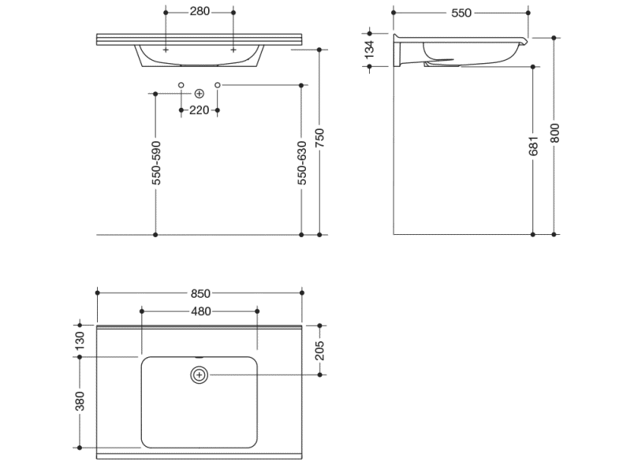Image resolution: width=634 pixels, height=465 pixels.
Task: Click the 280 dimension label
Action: tap(200, 11)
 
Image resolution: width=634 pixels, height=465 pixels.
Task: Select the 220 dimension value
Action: tap(199, 110)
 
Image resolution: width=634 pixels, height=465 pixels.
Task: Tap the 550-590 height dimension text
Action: tap(156, 163)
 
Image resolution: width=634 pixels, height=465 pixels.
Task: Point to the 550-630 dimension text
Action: tap(302, 163)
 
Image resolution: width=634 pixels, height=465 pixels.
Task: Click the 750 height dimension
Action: tap(319, 138)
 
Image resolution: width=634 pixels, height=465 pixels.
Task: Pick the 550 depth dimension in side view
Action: tap(461, 13)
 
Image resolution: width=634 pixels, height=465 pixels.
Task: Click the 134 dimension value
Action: tap(370, 50)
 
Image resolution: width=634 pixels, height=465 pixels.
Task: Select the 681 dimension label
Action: tap(533, 146)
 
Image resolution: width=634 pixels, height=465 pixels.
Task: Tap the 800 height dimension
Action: tap(555, 133)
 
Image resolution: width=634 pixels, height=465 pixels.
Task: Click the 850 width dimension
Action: tap(200, 293)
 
